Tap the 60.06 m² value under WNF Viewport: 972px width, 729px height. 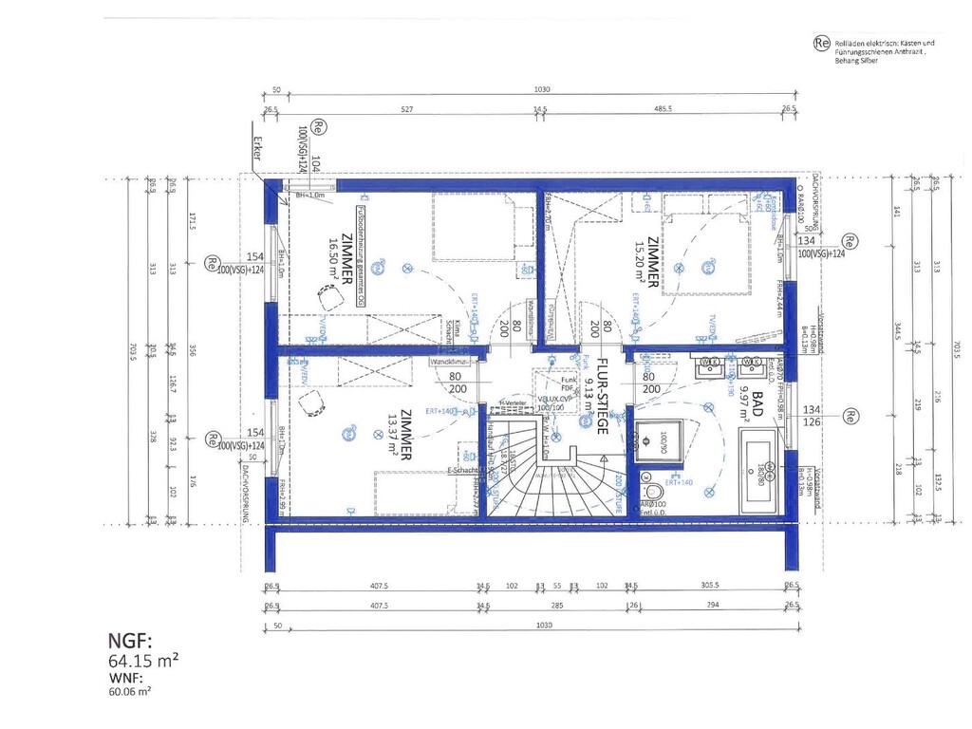pos(131,692)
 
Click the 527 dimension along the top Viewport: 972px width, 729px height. pos(406,110)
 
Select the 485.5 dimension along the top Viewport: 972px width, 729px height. pos(663,110)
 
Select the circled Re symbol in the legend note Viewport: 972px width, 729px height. pos(821,43)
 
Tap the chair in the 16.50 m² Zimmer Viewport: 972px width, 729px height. pos(328,297)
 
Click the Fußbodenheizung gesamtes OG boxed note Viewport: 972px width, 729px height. pos(362,255)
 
